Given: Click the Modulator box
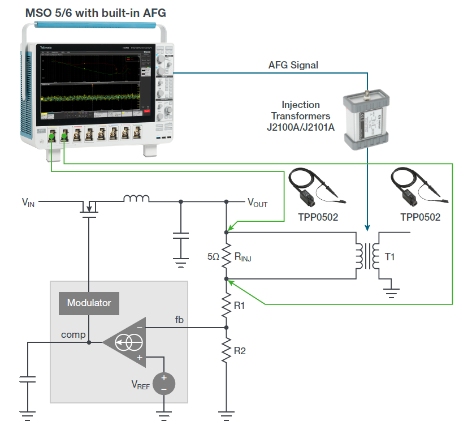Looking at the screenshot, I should [x=89, y=303].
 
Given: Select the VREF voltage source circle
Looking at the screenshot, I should [x=164, y=383].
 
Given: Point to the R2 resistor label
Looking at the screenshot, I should [x=240, y=351].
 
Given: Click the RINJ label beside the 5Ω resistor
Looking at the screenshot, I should [x=243, y=257].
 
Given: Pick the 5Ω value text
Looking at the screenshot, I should [x=213, y=256].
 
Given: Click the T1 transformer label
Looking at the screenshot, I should [x=391, y=257].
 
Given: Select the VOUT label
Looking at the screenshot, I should [x=258, y=203].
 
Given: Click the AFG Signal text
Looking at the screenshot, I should [x=293, y=65].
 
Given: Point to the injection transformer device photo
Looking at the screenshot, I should [x=366, y=121].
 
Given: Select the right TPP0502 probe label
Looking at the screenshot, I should [x=420, y=217].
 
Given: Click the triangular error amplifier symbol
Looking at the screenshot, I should [x=125, y=342].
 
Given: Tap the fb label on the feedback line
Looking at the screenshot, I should [x=179, y=320].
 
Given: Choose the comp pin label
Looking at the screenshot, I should [x=73, y=334].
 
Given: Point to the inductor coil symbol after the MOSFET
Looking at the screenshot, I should [x=136, y=199].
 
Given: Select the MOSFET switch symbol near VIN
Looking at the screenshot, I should [x=89, y=207].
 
